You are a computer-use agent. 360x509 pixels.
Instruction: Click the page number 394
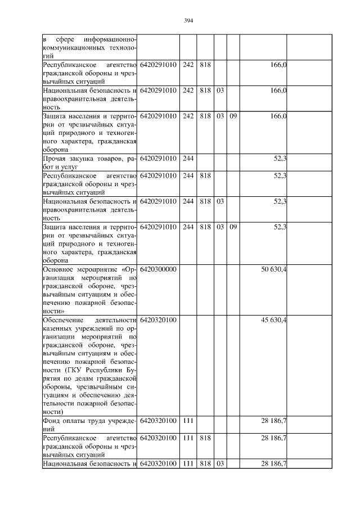point(188,21)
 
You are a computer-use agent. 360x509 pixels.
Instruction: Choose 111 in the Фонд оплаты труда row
point(188,421)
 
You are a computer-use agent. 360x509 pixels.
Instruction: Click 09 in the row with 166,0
point(233,116)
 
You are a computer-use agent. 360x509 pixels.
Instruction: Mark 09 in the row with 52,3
point(233,227)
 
